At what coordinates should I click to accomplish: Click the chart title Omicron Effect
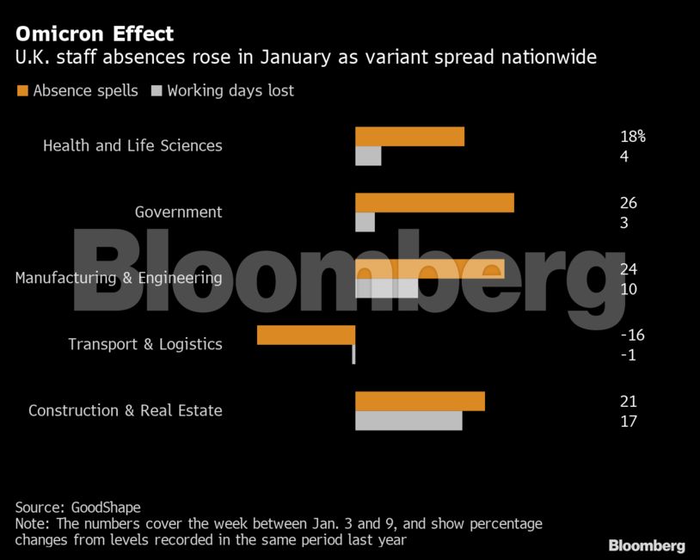(95, 34)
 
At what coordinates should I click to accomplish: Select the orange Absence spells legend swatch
(22, 90)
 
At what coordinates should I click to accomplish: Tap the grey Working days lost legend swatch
(157, 90)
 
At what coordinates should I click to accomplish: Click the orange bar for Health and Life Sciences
(409, 137)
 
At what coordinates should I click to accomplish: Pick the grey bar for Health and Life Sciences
(368, 156)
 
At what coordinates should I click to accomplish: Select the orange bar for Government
(434, 202)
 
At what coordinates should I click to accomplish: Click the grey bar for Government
(365, 222)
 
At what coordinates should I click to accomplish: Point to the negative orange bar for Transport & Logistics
(306, 335)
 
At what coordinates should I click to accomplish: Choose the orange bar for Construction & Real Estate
(420, 401)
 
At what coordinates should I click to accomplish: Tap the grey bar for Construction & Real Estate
(408, 421)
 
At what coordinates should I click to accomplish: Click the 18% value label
(632, 136)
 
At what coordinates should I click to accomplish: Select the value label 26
(628, 203)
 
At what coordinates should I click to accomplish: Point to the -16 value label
(632, 335)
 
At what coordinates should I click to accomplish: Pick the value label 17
(628, 422)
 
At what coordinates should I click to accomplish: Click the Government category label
(178, 212)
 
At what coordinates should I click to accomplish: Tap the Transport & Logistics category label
(144, 344)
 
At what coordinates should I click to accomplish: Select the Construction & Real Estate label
(125, 410)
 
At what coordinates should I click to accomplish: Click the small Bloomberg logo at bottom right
(647, 545)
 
